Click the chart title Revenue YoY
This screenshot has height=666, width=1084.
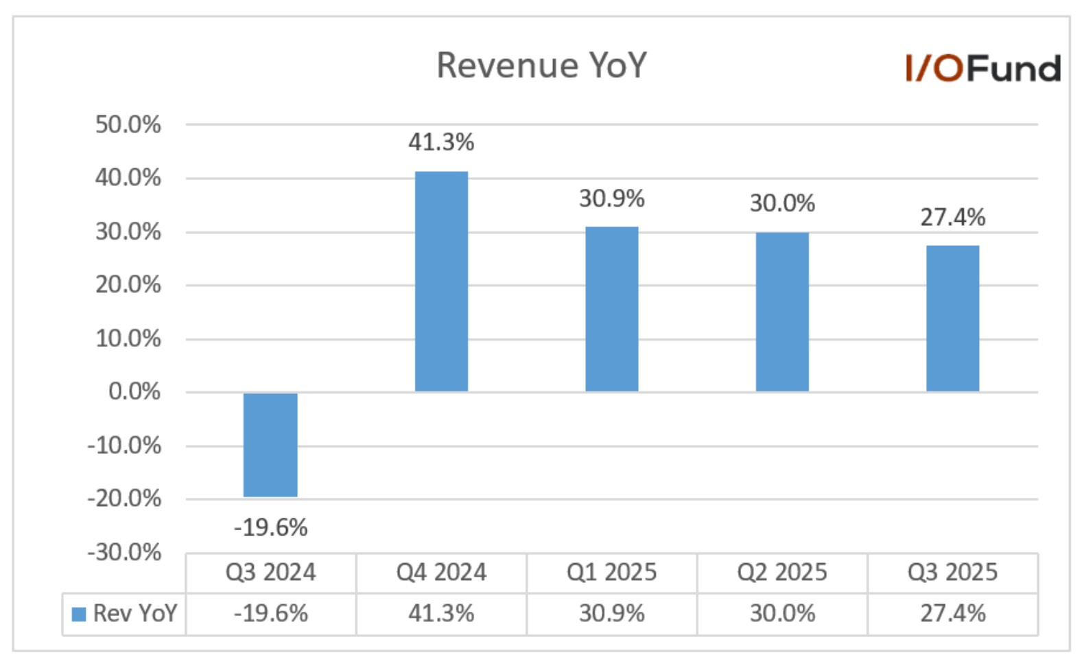click(541, 66)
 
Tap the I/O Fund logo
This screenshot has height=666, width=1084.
click(982, 69)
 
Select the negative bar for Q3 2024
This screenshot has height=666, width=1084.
click(270, 444)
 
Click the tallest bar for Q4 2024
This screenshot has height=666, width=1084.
click(441, 282)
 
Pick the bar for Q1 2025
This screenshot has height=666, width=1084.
click(611, 309)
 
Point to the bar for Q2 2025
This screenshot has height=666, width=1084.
click(782, 312)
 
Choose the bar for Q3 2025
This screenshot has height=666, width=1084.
click(952, 319)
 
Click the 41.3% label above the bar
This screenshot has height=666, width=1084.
click(441, 143)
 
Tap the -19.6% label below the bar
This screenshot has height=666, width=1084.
click(270, 528)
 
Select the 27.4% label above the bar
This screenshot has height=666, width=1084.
click(952, 218)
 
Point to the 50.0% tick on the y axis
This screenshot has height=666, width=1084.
click(128, 125)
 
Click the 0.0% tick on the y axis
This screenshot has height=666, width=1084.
click(134, 392)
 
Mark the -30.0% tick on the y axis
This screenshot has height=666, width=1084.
click(124, 552)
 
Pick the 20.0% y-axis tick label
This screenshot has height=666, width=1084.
click(128, 285)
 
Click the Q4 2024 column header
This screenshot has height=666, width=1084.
click(441, 573)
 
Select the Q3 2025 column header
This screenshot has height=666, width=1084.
click(952, 573)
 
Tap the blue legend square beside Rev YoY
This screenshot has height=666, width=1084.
click(79, 614)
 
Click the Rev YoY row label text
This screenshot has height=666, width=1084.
click(135, 614)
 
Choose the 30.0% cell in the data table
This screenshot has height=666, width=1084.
click(782, 614)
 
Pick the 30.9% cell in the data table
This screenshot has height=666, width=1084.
click(611, 614)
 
